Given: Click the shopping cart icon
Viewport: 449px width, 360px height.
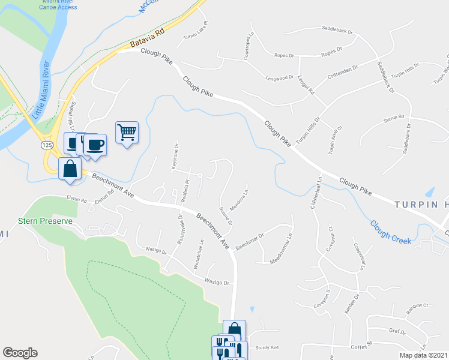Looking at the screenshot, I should click(127, 132).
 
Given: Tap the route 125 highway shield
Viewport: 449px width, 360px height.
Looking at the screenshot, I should click(46, 146).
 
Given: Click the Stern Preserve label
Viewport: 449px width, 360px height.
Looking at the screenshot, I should click(45, 221).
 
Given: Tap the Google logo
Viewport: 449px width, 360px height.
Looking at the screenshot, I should click(20, 353).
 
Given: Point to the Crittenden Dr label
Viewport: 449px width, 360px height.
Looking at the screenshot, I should click(343, 73).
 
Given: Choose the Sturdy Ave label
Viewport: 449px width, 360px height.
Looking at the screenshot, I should click(268, 347).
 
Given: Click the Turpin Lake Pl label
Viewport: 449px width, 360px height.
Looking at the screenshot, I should click(196, 32).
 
